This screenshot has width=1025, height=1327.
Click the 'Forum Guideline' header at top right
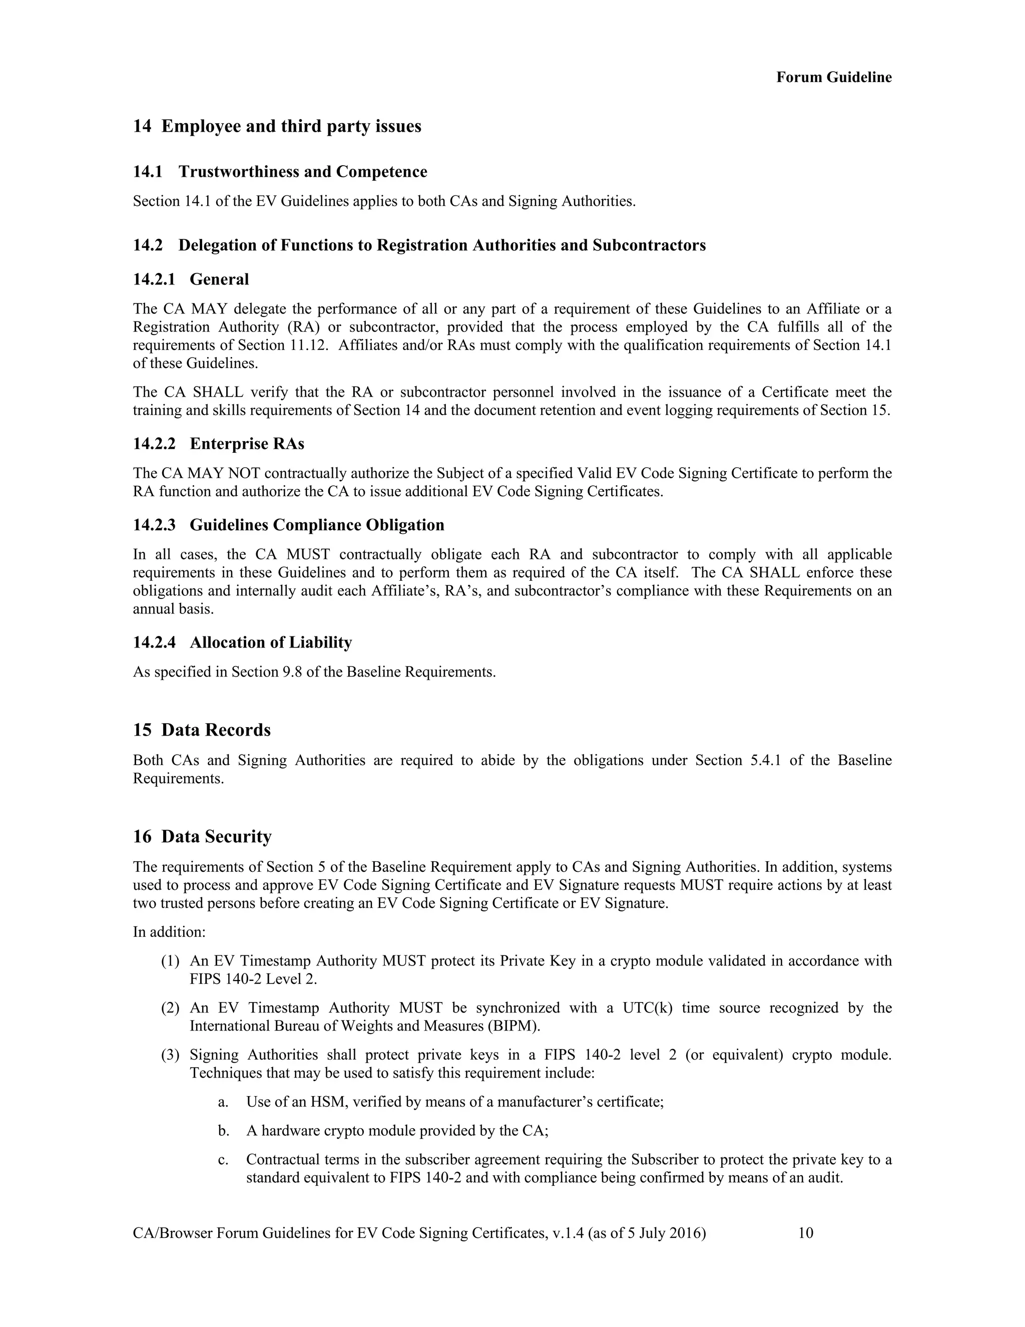834,77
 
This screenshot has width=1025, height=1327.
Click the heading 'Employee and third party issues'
291,126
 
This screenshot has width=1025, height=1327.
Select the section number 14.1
148,172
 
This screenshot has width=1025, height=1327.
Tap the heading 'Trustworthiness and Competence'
302,172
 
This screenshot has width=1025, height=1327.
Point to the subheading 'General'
219,279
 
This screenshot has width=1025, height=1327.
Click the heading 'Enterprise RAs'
247,444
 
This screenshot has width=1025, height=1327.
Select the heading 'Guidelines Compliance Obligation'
316,525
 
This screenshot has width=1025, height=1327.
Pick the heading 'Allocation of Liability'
270,642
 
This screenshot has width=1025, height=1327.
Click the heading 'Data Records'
216,730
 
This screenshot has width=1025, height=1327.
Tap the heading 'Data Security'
216,837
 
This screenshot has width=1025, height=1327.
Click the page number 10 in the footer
805,1233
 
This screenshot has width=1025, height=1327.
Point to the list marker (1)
170,961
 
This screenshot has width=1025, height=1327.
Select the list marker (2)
170,1008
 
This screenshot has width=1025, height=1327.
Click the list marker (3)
170,1055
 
